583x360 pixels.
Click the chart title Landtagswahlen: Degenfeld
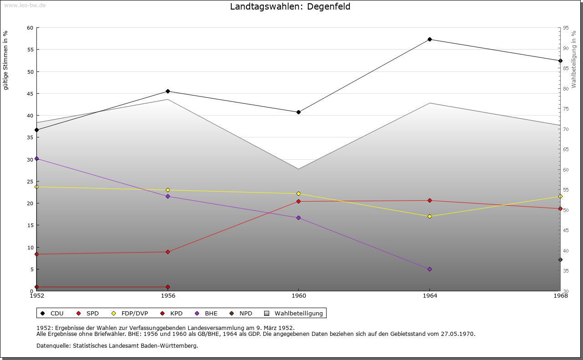(x=290, y=7)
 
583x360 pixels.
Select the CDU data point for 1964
(x=430, y=39)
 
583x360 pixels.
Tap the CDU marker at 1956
(x=168, y=91)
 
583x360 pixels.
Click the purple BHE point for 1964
(x=430, y=269)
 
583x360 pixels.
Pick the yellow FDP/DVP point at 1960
(x=298, y=194)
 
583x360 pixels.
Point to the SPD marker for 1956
(x=168, y=252)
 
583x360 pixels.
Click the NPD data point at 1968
(x=560, y=260)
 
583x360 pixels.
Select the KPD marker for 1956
(x=168, y=287)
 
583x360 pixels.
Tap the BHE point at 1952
(x=36, y=158)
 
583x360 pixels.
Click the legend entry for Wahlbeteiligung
(x=298, y=313)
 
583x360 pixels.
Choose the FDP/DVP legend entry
(x=134, y=313)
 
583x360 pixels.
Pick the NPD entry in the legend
(x=245, y=313)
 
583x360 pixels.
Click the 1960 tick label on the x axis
(x=298, y=296)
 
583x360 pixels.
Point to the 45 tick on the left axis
(x=30, y=94)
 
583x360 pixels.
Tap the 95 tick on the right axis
(x=565, y=28)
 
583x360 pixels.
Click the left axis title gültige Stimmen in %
(x=6, y=60)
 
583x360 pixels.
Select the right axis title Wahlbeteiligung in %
(x=574, y=60)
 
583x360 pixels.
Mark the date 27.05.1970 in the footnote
(x=458, y=334)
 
